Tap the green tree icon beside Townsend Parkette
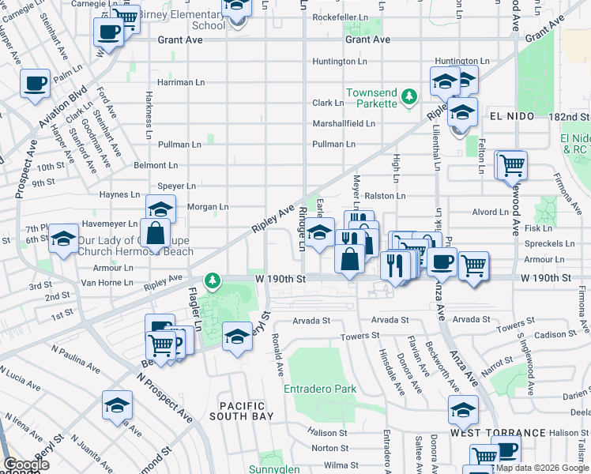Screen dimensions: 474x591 click(409, 96)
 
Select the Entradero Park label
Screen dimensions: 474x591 click(320, 389)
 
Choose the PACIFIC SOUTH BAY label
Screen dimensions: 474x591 click(242, 410)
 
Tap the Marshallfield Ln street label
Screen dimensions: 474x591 click(344, 124)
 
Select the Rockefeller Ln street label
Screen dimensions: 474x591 click(341, 17)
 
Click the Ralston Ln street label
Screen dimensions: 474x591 click(385, 195)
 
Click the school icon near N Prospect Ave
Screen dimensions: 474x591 click(117, 404)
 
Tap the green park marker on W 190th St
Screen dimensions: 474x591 click(212, 280)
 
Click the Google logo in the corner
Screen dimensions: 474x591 click(26, 465)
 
